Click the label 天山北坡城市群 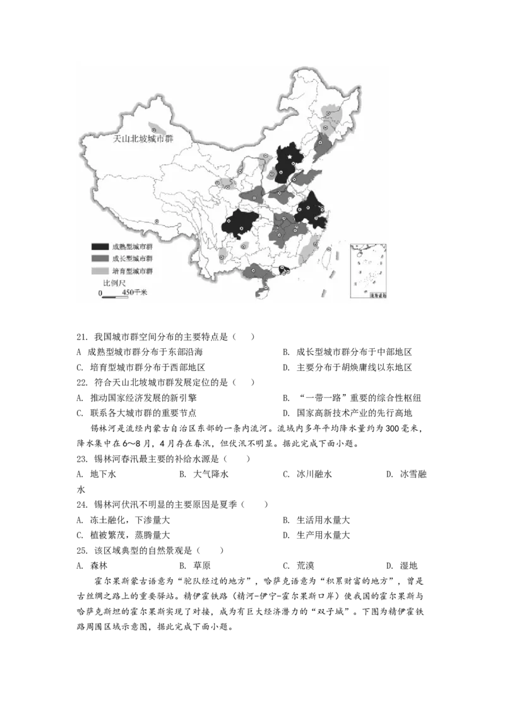142,139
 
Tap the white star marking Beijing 290,157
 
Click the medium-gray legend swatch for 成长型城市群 100,259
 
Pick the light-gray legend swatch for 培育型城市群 100,271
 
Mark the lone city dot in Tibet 157,221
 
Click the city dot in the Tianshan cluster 153,130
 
